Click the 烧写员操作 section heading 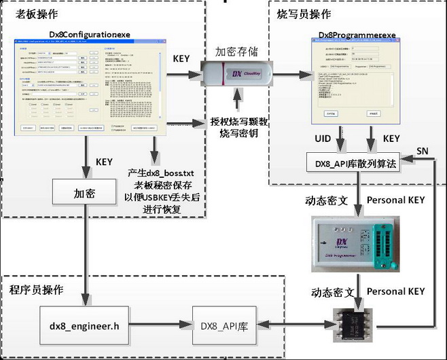click(x=304, y=14)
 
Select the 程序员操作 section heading click(x=36, y=290)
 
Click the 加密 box click(x=84, y=194)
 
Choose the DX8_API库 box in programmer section click(x=224, y=326)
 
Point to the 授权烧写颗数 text click(x=238, y=123)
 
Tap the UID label click(x=322, y=139)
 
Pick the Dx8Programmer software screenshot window click(x=353, y=79)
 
